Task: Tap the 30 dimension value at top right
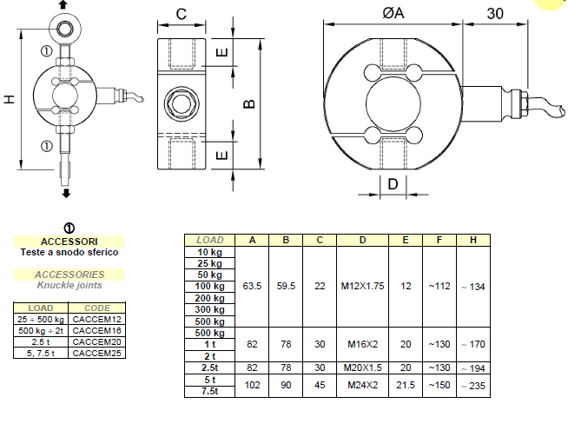click(496, 13)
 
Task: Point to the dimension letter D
click(393, 184)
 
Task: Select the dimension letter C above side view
click(181, 14)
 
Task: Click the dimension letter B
click(248, 103)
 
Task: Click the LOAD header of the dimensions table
click(209, 240)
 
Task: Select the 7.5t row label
click(209, 392)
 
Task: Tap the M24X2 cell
click(362, 386)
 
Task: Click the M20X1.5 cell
click(362, 367)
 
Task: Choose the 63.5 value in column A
click(253, 285)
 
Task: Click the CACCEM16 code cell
click(96, 329)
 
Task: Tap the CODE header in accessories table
click(96, 308)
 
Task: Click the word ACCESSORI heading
click(69, 242)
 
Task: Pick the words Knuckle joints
click(69, 285)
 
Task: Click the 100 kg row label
click(209, 286)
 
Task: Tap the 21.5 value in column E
click(406, 386)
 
